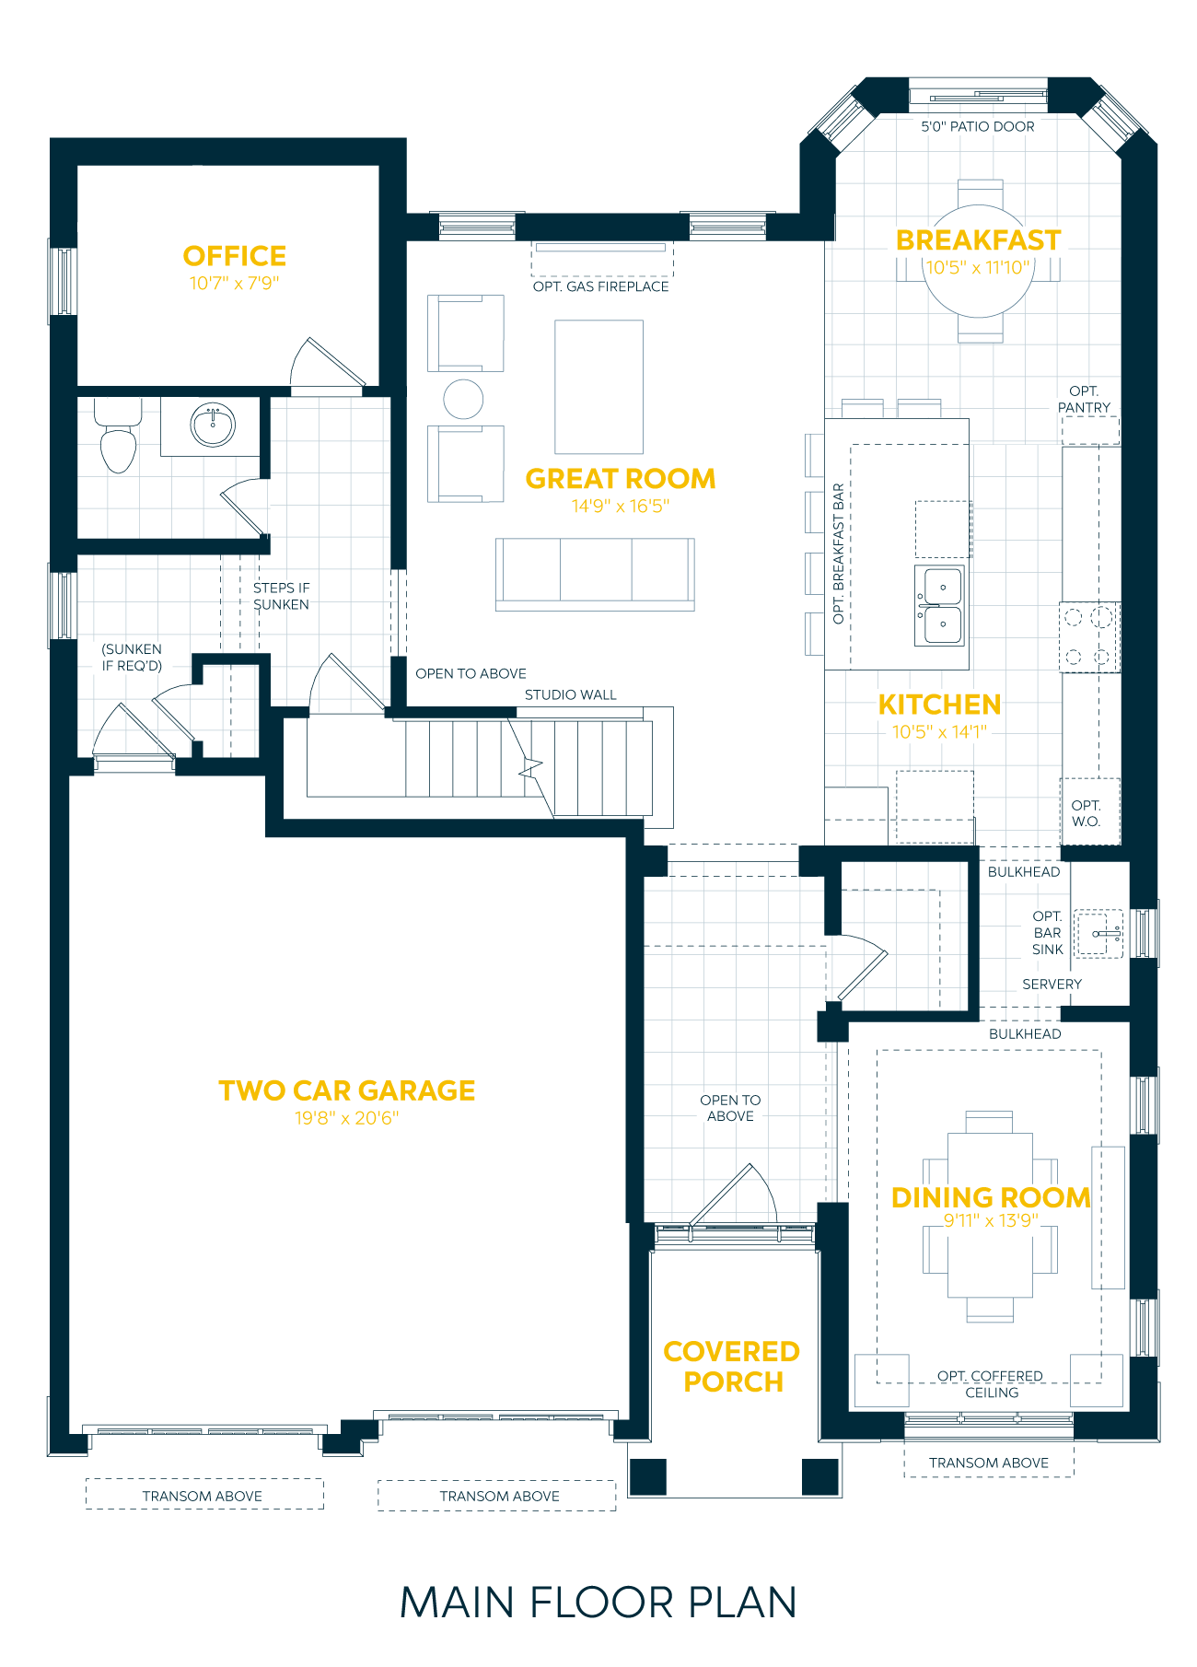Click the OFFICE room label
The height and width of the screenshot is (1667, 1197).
tap(235, 256)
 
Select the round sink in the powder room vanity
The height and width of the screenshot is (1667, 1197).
tap(213, 425)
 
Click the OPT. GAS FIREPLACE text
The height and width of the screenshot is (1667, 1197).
tap(600, 286)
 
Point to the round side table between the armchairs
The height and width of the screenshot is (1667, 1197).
tap(463, 399)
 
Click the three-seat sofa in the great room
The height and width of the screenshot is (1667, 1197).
tap(595, 573)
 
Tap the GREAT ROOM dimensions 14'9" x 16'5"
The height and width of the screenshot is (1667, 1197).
tap(620, 506)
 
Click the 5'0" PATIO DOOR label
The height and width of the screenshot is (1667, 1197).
tap(978, 127)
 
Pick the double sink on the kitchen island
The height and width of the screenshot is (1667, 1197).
tap(940, 605)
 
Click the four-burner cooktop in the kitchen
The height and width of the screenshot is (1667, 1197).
tap(1087, 636)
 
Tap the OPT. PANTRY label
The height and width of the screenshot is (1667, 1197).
tap(1084, 400)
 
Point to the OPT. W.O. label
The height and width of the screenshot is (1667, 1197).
tap(1087, 813)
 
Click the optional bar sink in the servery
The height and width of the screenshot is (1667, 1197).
tap(1099, 934)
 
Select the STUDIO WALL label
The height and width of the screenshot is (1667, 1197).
tap(571, 695)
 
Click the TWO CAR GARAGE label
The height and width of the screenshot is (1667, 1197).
tap(346, 1090)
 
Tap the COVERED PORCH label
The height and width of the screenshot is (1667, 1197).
tap(732, 1367)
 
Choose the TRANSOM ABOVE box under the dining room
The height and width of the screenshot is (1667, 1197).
tap(988, 1463)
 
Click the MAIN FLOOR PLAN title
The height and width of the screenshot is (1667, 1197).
tap(598, 1603)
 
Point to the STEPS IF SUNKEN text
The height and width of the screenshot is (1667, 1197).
tap(281, 596)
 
